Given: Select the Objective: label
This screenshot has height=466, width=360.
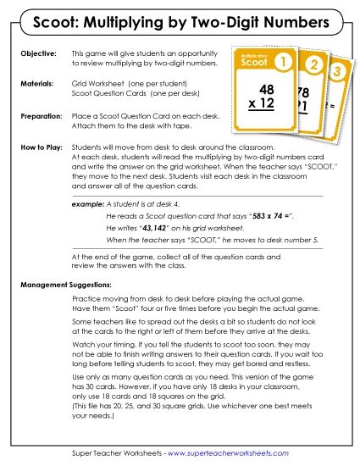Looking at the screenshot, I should tap(37, 53).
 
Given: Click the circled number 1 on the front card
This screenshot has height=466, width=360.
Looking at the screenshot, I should tap(285, 63).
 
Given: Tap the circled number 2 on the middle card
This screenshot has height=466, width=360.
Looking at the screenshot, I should tap(313, 65).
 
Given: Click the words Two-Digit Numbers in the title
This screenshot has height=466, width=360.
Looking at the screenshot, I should tap(262, 19).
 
